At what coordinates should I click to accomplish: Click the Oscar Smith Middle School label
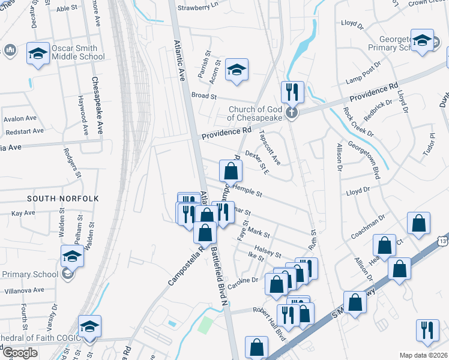(78, 52)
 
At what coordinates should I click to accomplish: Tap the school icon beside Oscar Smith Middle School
(38, 54)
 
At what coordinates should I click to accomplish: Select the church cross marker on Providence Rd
(292, 113)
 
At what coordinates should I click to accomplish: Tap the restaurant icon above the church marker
(292, 92)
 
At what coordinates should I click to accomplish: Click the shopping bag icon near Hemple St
(230, 172)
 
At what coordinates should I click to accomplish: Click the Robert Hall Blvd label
(269, 323)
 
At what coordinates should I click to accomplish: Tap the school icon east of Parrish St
(237, 70)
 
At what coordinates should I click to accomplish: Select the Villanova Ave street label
(22, 290)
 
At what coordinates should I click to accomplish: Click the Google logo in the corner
(20, 353)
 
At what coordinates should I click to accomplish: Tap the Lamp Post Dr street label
(363, 72)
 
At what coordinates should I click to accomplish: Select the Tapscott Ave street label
(269, 148)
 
